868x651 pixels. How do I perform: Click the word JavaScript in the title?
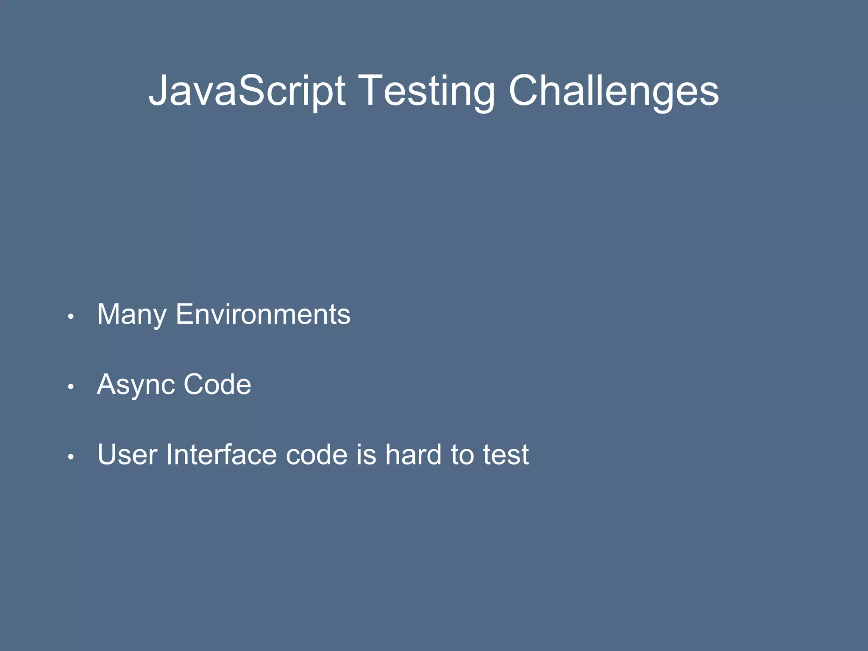click(247, 91)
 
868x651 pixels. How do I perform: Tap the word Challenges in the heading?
click(613, 91)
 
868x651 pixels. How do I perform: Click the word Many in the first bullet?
click(132, 315)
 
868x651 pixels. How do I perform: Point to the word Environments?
click(263, 314)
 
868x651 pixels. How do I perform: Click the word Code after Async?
click(217, 384)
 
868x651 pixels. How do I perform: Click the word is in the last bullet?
click(367, 454)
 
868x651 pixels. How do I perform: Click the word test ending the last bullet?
click(506, 455)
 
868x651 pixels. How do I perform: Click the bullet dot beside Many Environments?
click(71, 317)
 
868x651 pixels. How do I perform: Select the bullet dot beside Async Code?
click(71, 387)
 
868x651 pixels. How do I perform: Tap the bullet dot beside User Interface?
click(71, 457)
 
